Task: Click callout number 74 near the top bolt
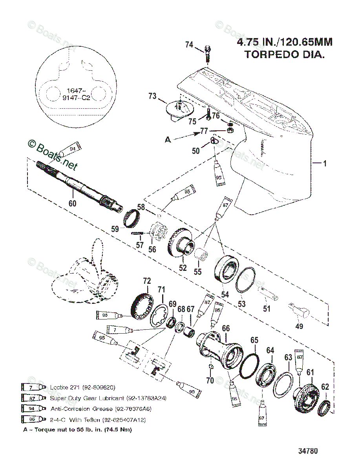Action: click(189, 45)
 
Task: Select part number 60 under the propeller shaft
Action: click(73, 203)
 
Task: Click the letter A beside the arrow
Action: click(168, 139)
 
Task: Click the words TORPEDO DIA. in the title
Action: click(285, 55)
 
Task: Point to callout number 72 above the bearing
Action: click(146, 281)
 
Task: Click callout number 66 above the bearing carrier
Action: click(226, 329)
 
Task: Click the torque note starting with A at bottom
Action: click(77, 429)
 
